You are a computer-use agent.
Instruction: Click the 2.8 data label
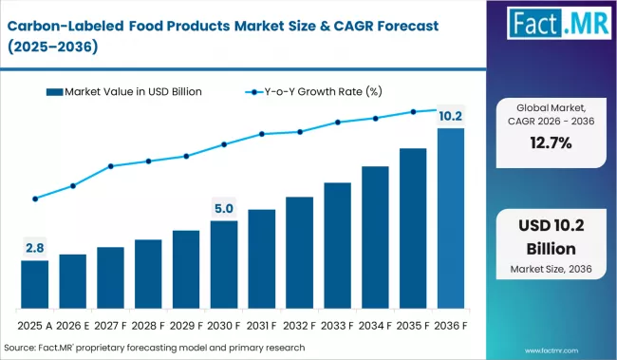[35, 248]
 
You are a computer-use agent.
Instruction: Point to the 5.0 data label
[224, 208]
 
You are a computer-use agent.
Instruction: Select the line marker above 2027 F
[111, 166]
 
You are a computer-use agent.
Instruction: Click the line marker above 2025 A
[35, 199]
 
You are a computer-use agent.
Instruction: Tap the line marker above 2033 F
[338, 123]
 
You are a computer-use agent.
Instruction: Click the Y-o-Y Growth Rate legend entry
[304, 91]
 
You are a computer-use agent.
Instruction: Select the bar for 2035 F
[414, 229]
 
